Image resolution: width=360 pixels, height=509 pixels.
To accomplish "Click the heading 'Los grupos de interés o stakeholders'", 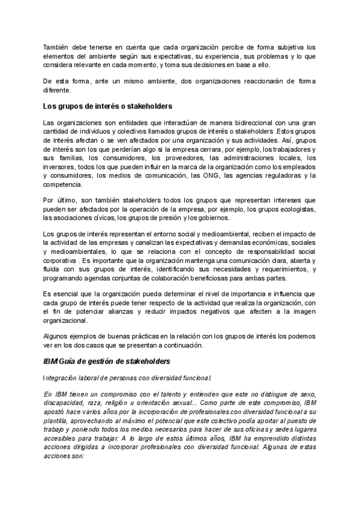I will pyautogui.click(x=100, y=107).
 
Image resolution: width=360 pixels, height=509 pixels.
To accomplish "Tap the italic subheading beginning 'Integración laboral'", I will pyautogui.click(x=127, y=378).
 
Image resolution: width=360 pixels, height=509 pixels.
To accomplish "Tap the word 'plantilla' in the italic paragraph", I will pyautogui.click(x=57, y=421).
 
